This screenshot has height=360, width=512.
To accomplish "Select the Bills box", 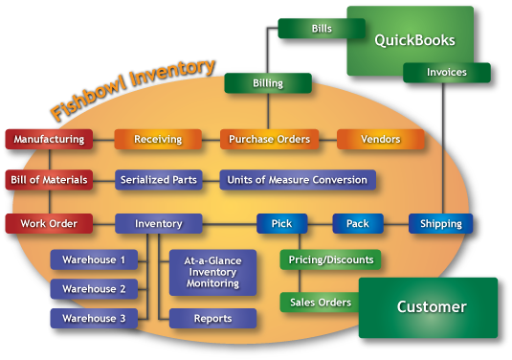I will coord(322,29).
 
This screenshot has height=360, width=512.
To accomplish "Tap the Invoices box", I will coord(446,72).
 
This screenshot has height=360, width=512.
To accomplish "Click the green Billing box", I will coord(268,83).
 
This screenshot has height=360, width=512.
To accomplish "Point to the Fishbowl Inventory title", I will coord(132,91).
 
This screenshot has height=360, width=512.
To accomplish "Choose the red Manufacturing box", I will coord(48,139).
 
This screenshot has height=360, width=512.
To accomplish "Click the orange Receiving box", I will coord(158,139).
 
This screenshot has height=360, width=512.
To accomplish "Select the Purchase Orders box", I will coord(269,139).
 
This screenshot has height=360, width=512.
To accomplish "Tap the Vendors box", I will coord(380,139).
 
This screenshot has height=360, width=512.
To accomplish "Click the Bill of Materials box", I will coord(48,179).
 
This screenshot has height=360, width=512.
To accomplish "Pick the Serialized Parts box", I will coord(158,179).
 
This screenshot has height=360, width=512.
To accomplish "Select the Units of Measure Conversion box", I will coord(297,179).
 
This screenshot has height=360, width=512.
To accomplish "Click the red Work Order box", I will coord(48,223).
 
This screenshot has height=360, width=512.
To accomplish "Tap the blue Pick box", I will coord(281,223).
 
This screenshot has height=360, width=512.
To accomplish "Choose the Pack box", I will coord(357,223).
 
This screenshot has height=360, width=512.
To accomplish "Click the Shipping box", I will coord(440,223).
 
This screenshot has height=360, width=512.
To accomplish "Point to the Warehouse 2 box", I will coord(94,288).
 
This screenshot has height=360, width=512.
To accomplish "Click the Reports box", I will coord(212,318).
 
